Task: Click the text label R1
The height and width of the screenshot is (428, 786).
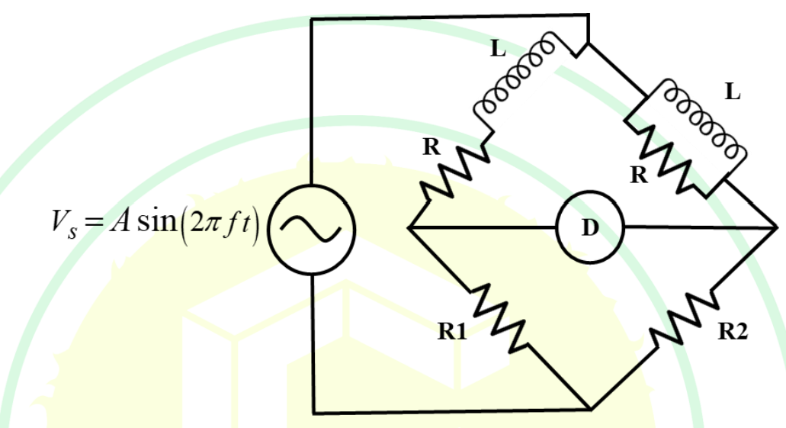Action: click(452, 332)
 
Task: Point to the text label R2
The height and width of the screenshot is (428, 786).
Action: click(733, 332)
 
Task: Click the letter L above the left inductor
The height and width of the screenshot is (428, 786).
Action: click(498, 49)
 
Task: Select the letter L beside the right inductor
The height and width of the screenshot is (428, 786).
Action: click(733, 92)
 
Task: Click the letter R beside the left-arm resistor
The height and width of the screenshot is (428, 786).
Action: click(431, 147)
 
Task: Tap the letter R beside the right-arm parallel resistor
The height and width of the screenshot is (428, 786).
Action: click(639, 175)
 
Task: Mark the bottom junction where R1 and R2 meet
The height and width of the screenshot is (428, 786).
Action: click(591, 410)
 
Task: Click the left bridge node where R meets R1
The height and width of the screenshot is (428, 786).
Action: click(409, 228)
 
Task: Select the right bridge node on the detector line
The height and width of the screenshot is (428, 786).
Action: click(775, 228)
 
